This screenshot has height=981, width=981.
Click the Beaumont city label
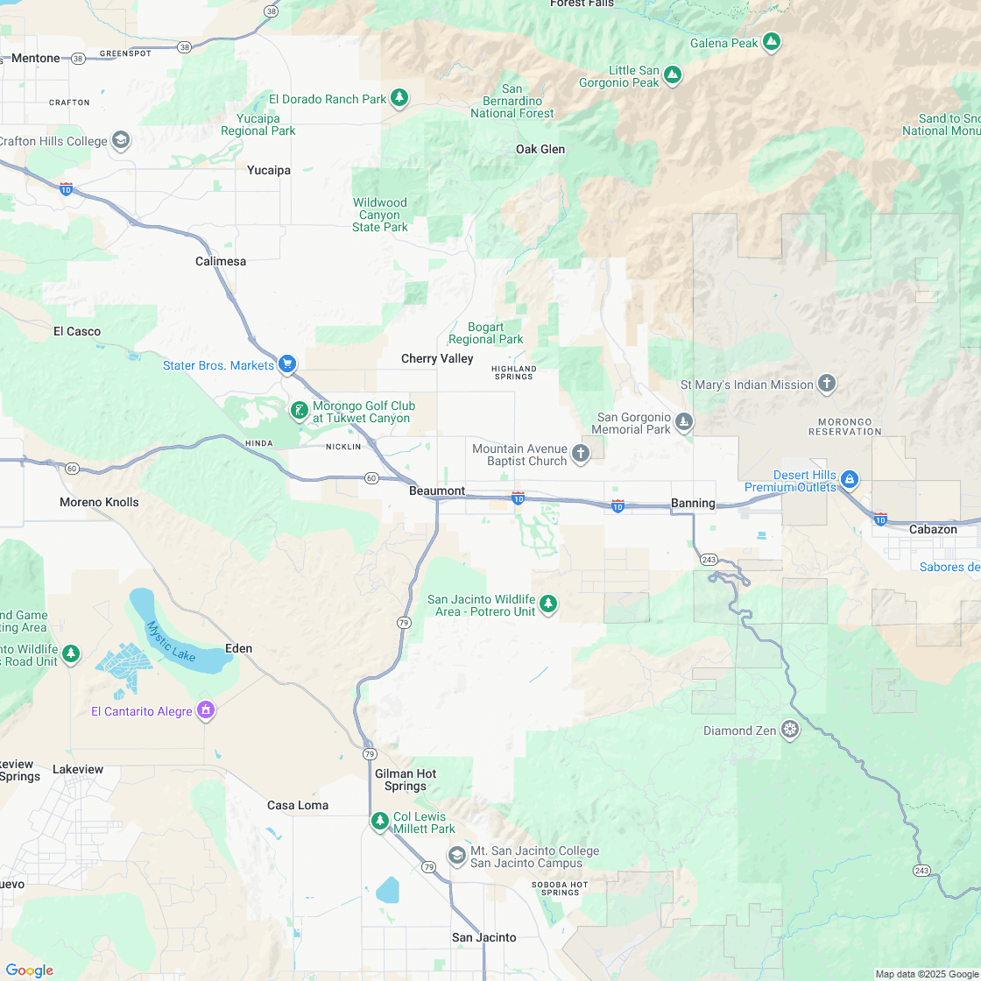437,491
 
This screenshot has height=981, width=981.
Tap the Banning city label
693,503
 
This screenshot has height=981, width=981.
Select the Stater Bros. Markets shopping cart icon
287,364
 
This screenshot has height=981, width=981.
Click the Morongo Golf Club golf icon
299,410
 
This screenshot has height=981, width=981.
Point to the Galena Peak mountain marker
772,41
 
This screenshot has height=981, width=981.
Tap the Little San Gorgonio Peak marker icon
673,75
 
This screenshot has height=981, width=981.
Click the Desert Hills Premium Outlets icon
849,479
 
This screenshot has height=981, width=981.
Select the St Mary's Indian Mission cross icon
826,384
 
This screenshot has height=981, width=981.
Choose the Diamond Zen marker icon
790,730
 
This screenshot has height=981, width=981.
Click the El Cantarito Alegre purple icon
206,709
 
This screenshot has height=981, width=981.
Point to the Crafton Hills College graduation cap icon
121,140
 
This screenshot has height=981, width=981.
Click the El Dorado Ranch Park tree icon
399,98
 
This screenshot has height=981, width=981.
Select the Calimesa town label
221,261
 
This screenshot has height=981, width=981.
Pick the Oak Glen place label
540,149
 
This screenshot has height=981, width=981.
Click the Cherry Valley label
437,358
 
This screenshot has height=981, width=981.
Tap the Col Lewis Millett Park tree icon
380,821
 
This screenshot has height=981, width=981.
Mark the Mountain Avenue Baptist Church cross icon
580,453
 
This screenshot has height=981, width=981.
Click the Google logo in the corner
29,970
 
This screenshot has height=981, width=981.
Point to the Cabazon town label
933,529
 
